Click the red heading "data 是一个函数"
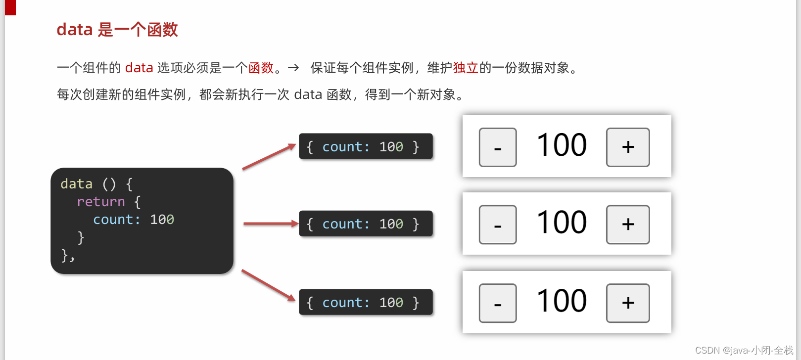117,30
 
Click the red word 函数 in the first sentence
261,68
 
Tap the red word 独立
466,68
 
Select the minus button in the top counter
498,147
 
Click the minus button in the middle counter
498,225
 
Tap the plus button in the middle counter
628,225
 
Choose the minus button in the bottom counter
498,303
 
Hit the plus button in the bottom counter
628,303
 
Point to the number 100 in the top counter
562,145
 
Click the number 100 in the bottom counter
562,301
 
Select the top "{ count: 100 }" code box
366,146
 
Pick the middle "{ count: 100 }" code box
366,224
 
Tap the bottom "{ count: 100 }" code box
366,302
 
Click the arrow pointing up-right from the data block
269,157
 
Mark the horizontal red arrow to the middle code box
271,224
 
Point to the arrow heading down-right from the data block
268,285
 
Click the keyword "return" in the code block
101,202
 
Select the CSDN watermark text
744,351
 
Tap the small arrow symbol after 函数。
293,68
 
